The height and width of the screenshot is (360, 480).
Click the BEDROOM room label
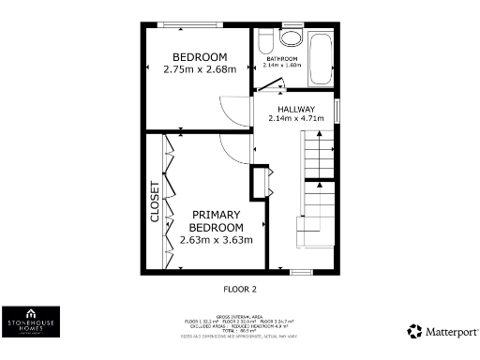[x=195, y=56]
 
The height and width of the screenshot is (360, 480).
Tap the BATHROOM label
[x=281, y=59]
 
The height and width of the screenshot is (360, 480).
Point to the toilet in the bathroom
[x=264, y=40]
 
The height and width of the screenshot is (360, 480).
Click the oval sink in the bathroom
[x=291, y=38]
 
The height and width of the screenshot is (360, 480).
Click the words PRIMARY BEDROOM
[x=217, y=220]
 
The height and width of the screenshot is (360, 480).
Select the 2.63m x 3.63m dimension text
[x=217, y=240]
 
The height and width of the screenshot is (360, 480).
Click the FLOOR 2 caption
[x=239, y=289]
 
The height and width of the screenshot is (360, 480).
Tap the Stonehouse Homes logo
[x=32, y=322]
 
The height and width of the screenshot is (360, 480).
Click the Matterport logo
[x=442, y=331]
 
